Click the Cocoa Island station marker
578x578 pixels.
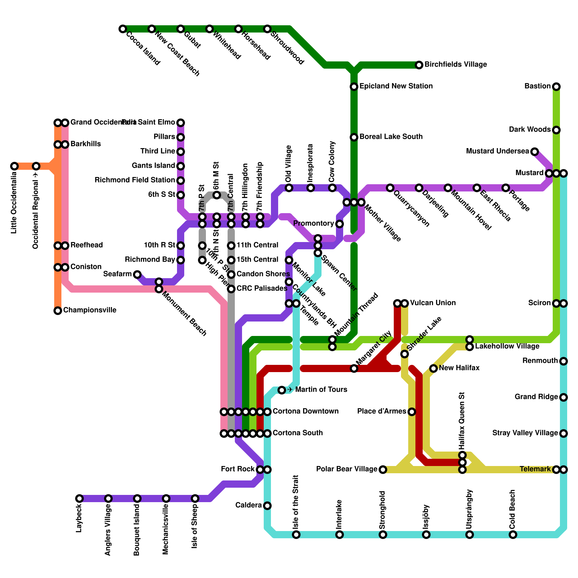tap(123, 29)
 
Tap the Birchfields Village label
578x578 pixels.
tap(456, 65)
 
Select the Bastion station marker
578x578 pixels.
tap(556, 87)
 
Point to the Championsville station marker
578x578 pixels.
tap(58, 311)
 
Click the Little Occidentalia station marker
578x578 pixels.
tap(14, 166)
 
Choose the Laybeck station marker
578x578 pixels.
tap(79, 499)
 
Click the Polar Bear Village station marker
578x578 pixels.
tap(383, 470)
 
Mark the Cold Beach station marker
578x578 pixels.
tap(513, 535)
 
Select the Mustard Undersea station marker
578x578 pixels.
tap(535, 152)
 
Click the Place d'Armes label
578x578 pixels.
tap(381, 411)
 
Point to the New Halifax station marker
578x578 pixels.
tap(433, 368)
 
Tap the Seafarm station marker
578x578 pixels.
tap(137, 275)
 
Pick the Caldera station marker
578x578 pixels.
tap(267, 506)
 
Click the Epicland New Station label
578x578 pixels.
tap(396, 86)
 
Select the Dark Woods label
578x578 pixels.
tap(530, 130)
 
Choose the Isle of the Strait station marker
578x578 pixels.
tap(296, 535)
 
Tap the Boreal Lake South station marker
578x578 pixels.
tap(354, 137)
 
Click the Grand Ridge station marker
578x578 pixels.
tap(564, 397)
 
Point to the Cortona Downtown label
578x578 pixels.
tap(305, 411)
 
